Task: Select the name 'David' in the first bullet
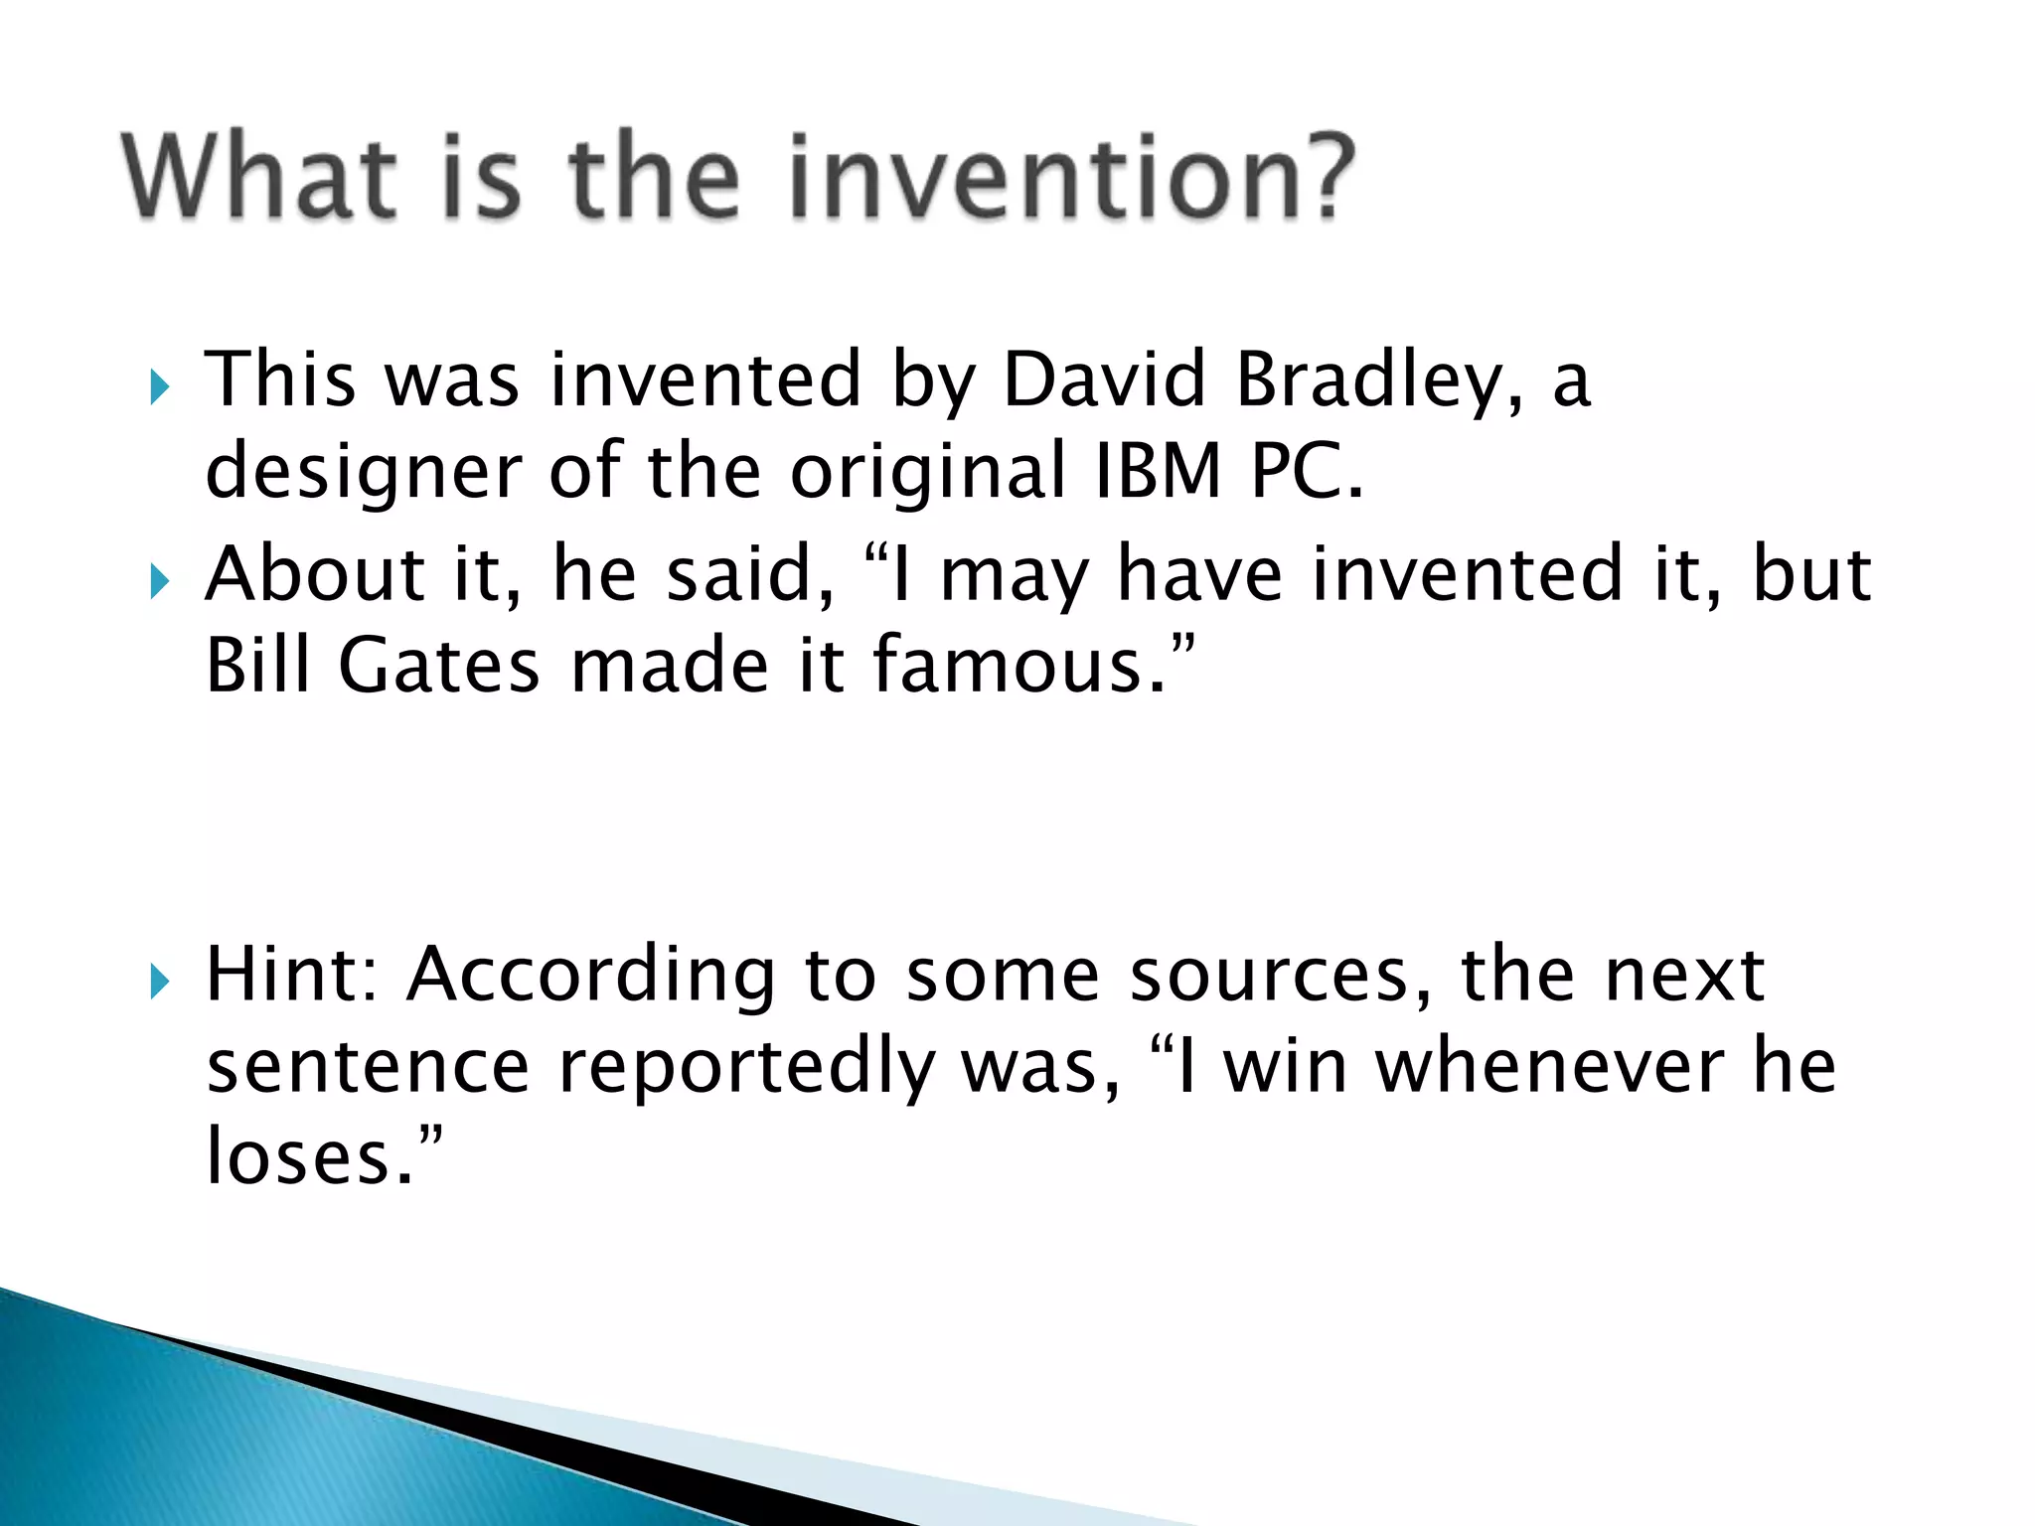[x=1104, y=380]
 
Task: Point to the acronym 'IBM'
[x=1158, y=471]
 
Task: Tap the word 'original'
[x=928, y=471]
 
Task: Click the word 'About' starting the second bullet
[x=315, y=574]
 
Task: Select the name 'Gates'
[x=438, y=666]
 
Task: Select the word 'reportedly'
[x=746, y=1069]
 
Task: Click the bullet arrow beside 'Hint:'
[x=159, y=983]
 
